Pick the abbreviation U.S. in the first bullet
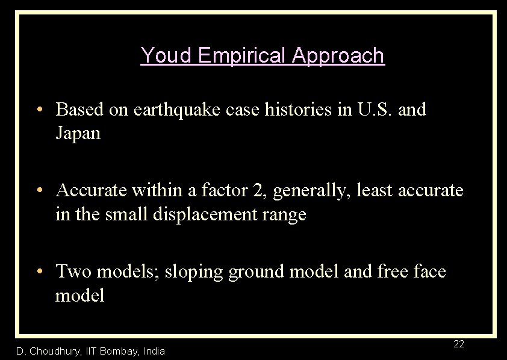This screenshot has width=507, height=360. (368, 110)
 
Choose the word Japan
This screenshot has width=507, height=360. (78, 133)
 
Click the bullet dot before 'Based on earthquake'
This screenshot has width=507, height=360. (39, 110)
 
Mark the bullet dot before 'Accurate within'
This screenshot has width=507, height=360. (39, 191)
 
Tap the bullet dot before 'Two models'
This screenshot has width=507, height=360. (39, 272)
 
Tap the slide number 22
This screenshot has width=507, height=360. (458, 344)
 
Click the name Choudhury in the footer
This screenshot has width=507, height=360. (54, 351)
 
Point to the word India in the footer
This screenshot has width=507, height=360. (154, 351)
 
